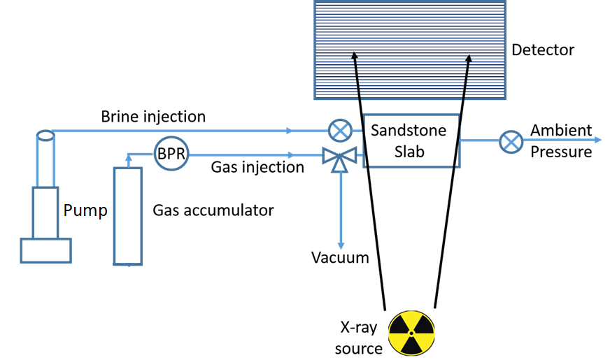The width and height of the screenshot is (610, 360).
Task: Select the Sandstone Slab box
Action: [x=411, y=141]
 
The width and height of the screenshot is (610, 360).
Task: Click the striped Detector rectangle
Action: [x=409, y=49]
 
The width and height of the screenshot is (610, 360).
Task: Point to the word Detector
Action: [x=543, y=50]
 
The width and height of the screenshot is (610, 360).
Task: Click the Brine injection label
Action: [x=153, y=116]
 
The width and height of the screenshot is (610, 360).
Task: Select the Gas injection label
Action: [x=257, y=168]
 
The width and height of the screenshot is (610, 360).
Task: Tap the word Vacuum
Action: [x=340, y=258]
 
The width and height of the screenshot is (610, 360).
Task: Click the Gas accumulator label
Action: [x=213, y=210]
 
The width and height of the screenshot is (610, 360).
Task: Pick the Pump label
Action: [x=85, y=210]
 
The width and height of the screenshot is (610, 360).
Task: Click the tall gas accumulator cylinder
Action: [x=128, y=216]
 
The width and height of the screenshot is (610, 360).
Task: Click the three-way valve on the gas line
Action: [x=341, y=158]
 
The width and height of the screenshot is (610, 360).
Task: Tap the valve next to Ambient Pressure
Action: [x=511, y=142]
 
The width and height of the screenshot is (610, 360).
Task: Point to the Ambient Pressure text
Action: [x=561, y=141]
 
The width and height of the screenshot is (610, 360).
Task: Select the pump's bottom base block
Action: [x=45, y=250]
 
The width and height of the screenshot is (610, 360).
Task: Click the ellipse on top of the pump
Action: [x=45, y=135]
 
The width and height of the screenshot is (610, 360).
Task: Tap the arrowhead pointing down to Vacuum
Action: [x=341, y=245]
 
